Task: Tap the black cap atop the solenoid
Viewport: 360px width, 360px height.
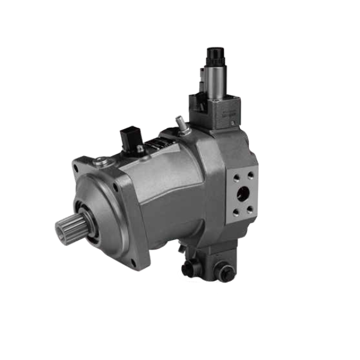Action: [214, 56]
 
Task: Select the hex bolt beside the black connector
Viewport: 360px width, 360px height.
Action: [141, 149]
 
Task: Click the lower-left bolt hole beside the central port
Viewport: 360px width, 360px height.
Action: [234, 211]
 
